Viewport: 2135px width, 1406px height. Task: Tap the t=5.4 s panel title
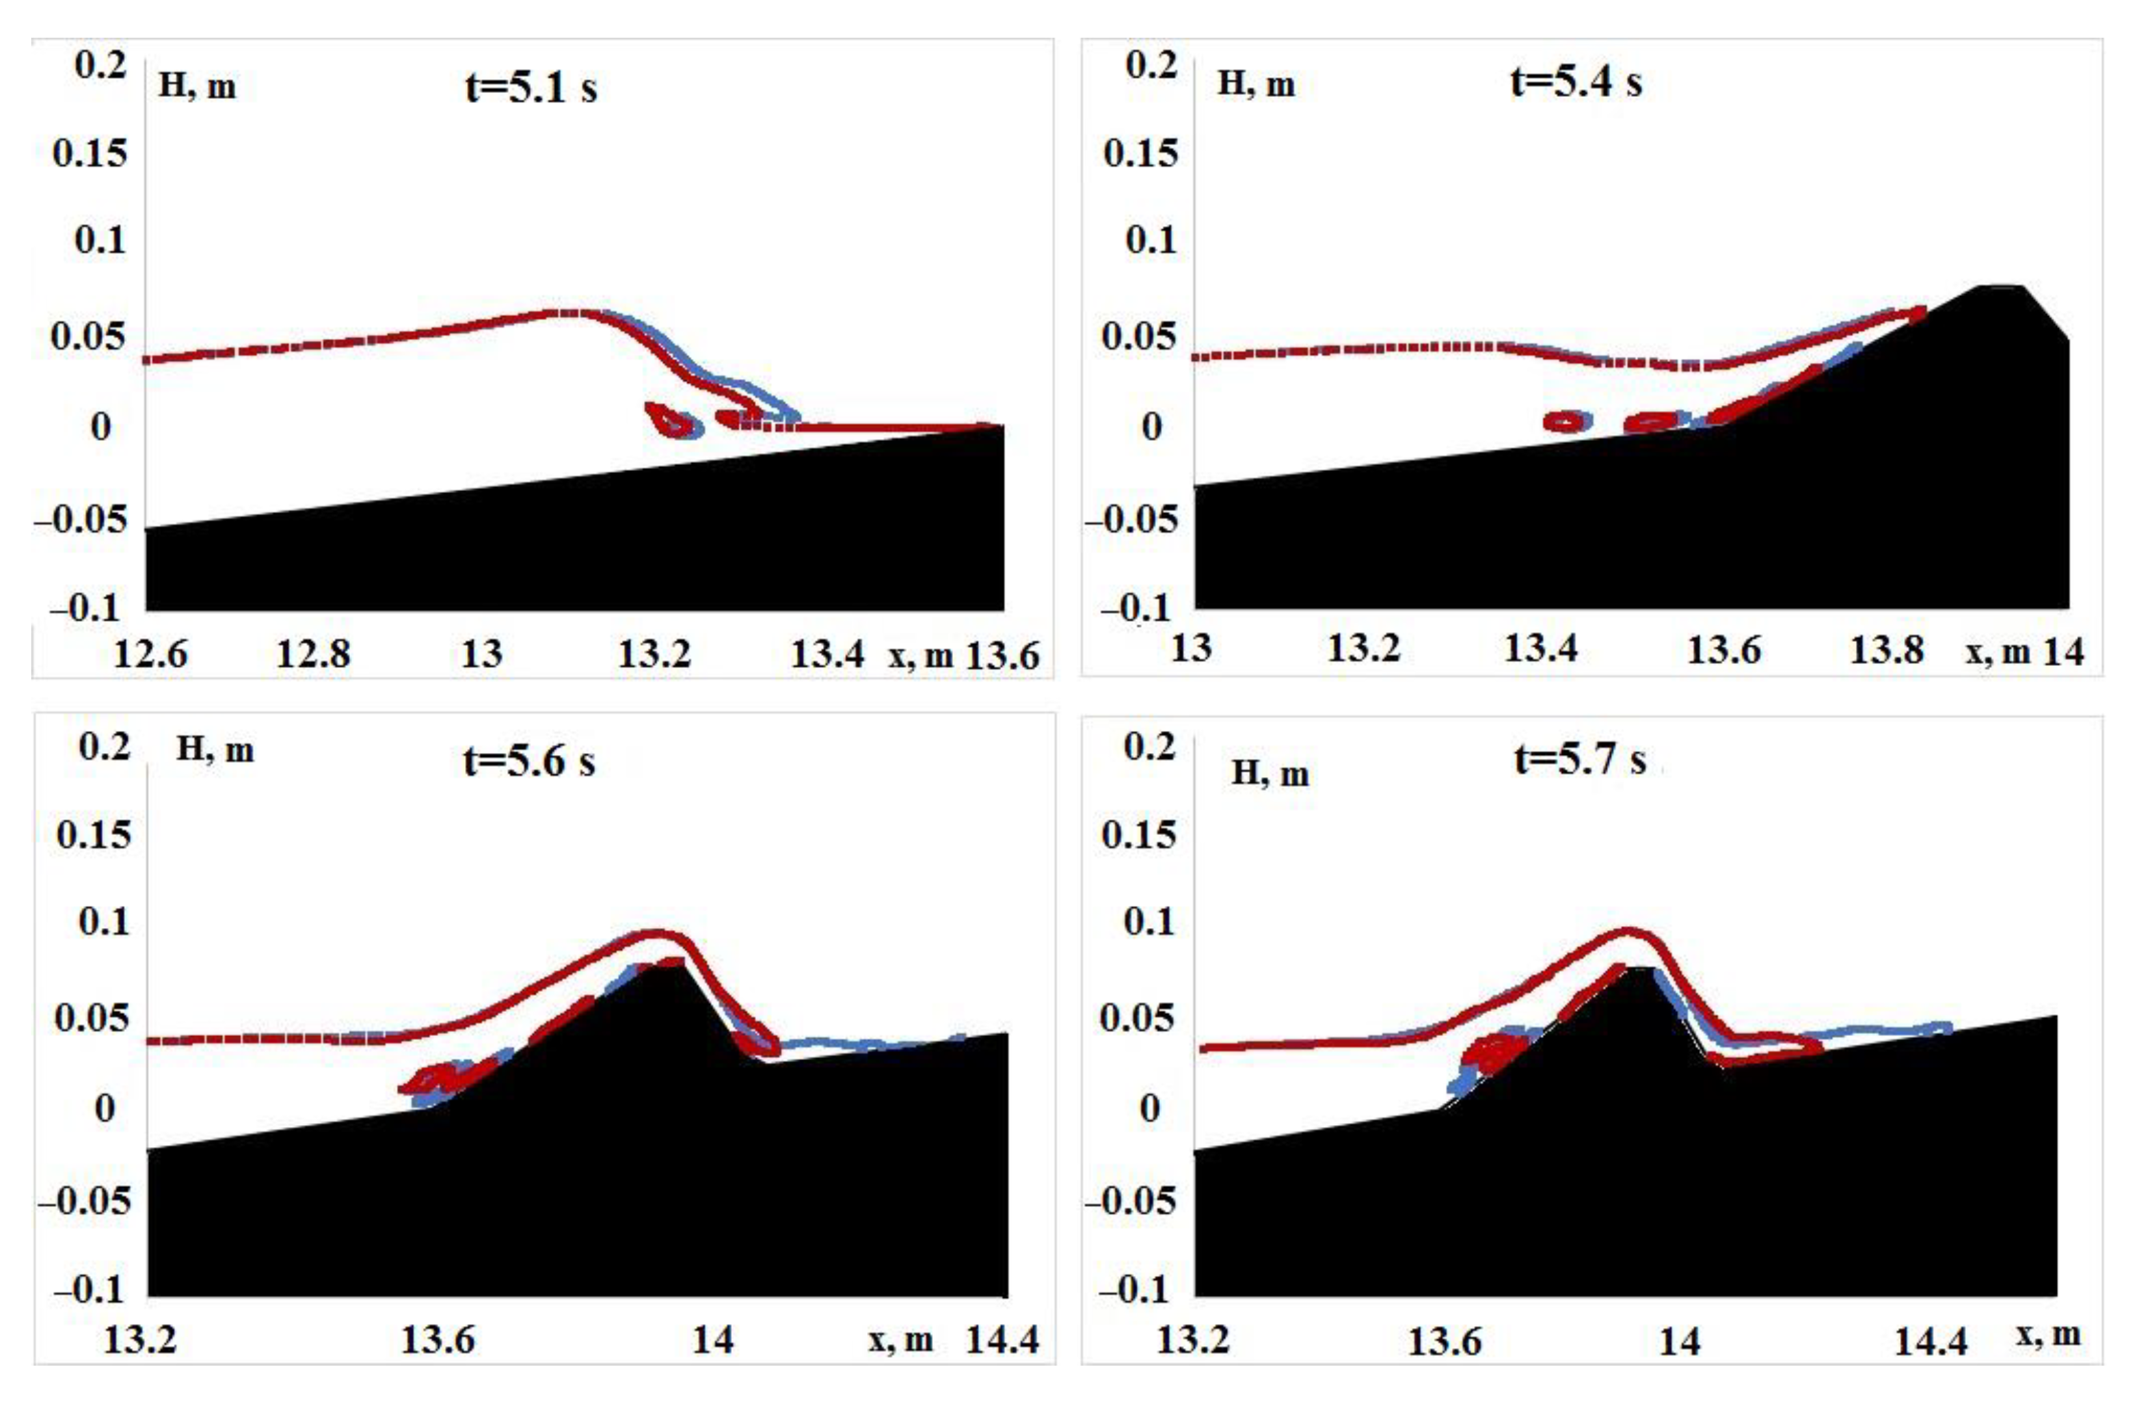click(1576, 83)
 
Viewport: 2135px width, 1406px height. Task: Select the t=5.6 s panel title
click(530, 762)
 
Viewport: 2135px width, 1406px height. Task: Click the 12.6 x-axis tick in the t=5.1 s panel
click(151, 655)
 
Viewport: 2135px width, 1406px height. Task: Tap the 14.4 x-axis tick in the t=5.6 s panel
click(1002, 1340)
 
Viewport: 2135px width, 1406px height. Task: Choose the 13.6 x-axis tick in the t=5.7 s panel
click(1444, 1342)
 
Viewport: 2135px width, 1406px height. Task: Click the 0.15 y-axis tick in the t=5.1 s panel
click(90, 153)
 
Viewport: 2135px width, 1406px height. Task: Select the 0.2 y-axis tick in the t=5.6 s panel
click(105, 746)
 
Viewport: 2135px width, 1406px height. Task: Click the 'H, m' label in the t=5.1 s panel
click(197, 87)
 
